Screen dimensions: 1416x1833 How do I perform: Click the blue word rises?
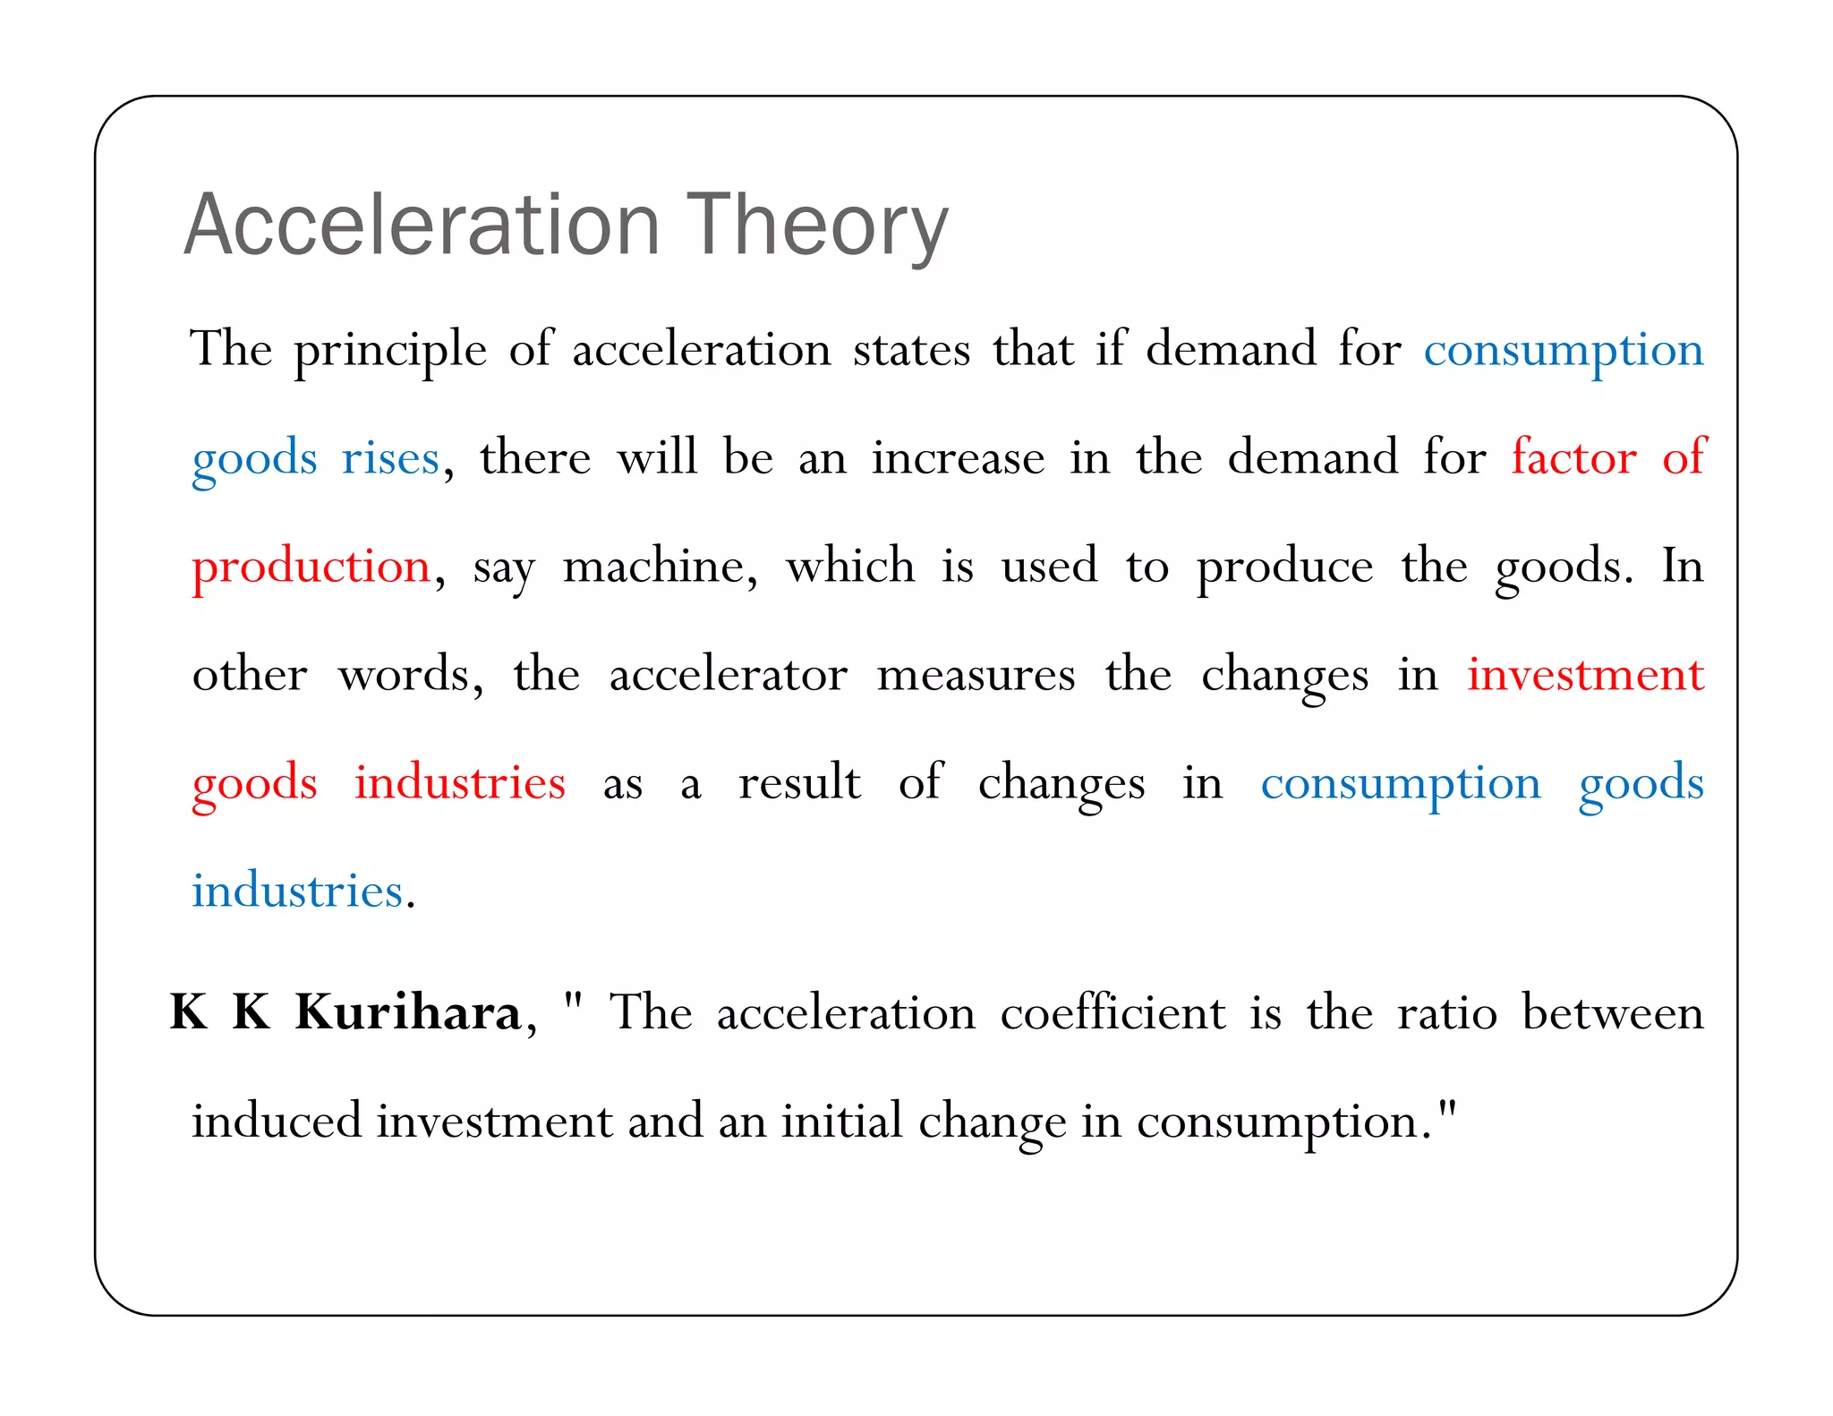coord(390,458)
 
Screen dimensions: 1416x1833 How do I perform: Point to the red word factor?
coord(1573,457)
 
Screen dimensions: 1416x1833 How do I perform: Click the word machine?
coord(659,567)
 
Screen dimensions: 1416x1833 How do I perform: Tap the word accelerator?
coord(728,675)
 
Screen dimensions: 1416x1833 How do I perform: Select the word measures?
coord(976,676)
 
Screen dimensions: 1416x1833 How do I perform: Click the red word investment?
coord(1585,675)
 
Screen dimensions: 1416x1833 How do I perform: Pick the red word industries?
coord(460,782)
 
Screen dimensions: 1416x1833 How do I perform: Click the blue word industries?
coord(297,891)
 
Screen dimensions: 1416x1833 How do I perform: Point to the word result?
coord(799,782)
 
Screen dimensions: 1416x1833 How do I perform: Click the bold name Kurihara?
coord(408,1012)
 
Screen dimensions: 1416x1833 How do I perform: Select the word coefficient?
coord(1113,1012)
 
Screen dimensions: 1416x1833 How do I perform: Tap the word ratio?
coord(1447,1013)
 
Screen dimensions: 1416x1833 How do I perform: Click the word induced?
coord(277,1121)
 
